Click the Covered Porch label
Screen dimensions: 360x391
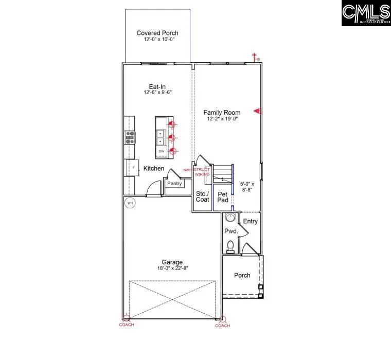tap(157, 33)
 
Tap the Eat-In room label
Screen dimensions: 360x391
tap(157, 87)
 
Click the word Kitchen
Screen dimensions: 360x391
tap(154, 169)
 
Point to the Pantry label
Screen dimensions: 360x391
tap(175, 183)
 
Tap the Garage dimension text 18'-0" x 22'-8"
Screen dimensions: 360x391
tap(171, 268)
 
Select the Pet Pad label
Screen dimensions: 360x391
tap(223, 197)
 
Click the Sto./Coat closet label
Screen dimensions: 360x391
tap(203, 196)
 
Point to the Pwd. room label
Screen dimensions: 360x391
tap(229, 231)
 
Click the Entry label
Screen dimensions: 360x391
tap(250, 222)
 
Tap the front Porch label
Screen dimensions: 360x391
tap(242, 275)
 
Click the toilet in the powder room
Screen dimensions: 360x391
tap(231, 246)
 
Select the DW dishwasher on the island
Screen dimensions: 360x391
tap(161, 151)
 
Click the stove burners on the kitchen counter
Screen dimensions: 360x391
tap(130, 136)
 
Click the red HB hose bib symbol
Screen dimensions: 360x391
tap(255, 57)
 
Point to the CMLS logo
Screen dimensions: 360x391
tap(366, 13)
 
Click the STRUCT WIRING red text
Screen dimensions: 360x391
tap(202, 172)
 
